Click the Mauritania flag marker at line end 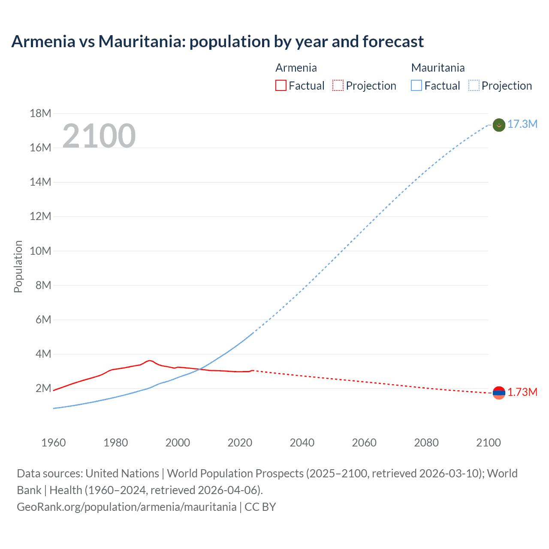click(x=499, y=125)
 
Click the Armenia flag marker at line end click(x=499, y=392)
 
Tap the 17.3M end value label click(x=522, y=124)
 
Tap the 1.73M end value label click(x=522, y=392)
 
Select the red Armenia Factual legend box click(x=281, y=86)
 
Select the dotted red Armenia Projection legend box click(x=338, y=86)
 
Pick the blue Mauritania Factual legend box click(x=416, y=86)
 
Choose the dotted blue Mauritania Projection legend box click(x=474, y=86)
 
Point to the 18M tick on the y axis click(x=40, y=114)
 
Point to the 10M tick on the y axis click(x=40, y=251)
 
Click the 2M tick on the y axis click(x=43, y=389)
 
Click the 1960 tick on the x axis click(x=54, y=443)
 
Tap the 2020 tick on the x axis click(x=240, y=443)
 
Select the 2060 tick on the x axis click(x=364, y=443)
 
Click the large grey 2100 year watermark click(x=99, y=136)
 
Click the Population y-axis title click(x=18, y=267)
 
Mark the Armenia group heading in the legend click(x=296, y=68)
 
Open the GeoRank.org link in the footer click(x=127, y=507)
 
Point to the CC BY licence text click(x=260, y=507)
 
